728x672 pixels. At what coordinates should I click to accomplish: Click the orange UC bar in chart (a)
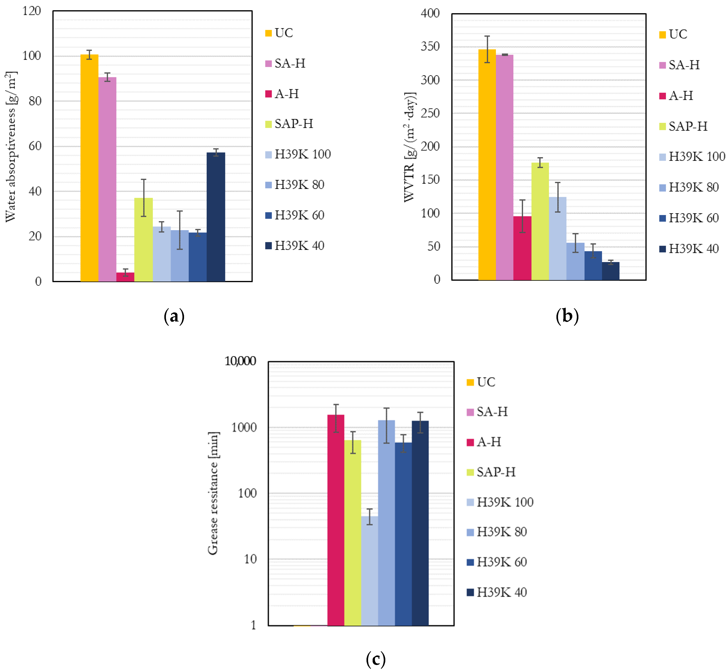pyautogui.click(x=89, y=167)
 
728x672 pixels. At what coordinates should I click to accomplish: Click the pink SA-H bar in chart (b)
pyautogui.click(x=505, y=167)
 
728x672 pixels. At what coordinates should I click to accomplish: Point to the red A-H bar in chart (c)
pyautogui.click(x=335, y=520)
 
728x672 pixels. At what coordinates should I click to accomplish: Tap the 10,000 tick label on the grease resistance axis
pyautogui.click(x=240, y=361)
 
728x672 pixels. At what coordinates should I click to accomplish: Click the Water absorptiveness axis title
pyautogui.click(x=11, y=147)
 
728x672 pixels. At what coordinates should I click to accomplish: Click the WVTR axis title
pyautogui.click(x=410, y=147)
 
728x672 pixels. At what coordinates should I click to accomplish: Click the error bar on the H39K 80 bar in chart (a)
pyautogui.click(x=180, y=230)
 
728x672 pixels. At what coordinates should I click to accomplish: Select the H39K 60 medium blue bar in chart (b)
pyautogui.click(x=593, y=266)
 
